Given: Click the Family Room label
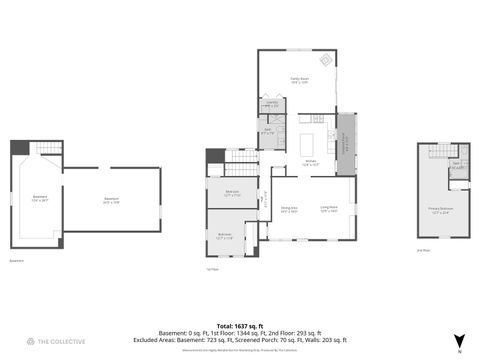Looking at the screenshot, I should pos(299,80).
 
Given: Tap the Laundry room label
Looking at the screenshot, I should pos(271,104).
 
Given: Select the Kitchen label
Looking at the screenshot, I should pos(310,163).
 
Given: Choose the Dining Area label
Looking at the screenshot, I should pos(288,210).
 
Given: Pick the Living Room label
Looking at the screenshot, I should pos(328,209).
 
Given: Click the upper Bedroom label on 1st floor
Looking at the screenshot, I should pos(231,193).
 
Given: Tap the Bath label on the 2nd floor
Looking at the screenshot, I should pos(456,164).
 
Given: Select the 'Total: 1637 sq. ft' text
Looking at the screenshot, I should pos(240,326).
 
